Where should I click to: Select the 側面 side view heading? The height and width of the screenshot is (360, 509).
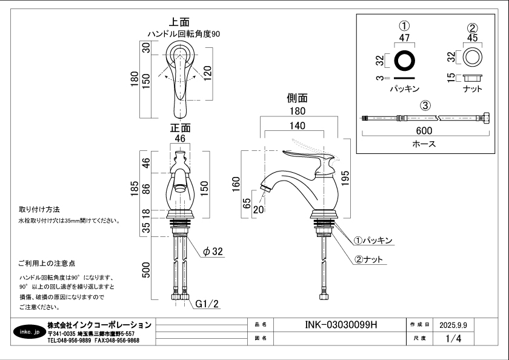[297, 98]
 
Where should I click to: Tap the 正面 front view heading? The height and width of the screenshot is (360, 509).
[180, 128]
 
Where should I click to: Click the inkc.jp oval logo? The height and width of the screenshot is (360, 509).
[27, 332]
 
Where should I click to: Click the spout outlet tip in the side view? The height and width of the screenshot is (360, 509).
[264, 190]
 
